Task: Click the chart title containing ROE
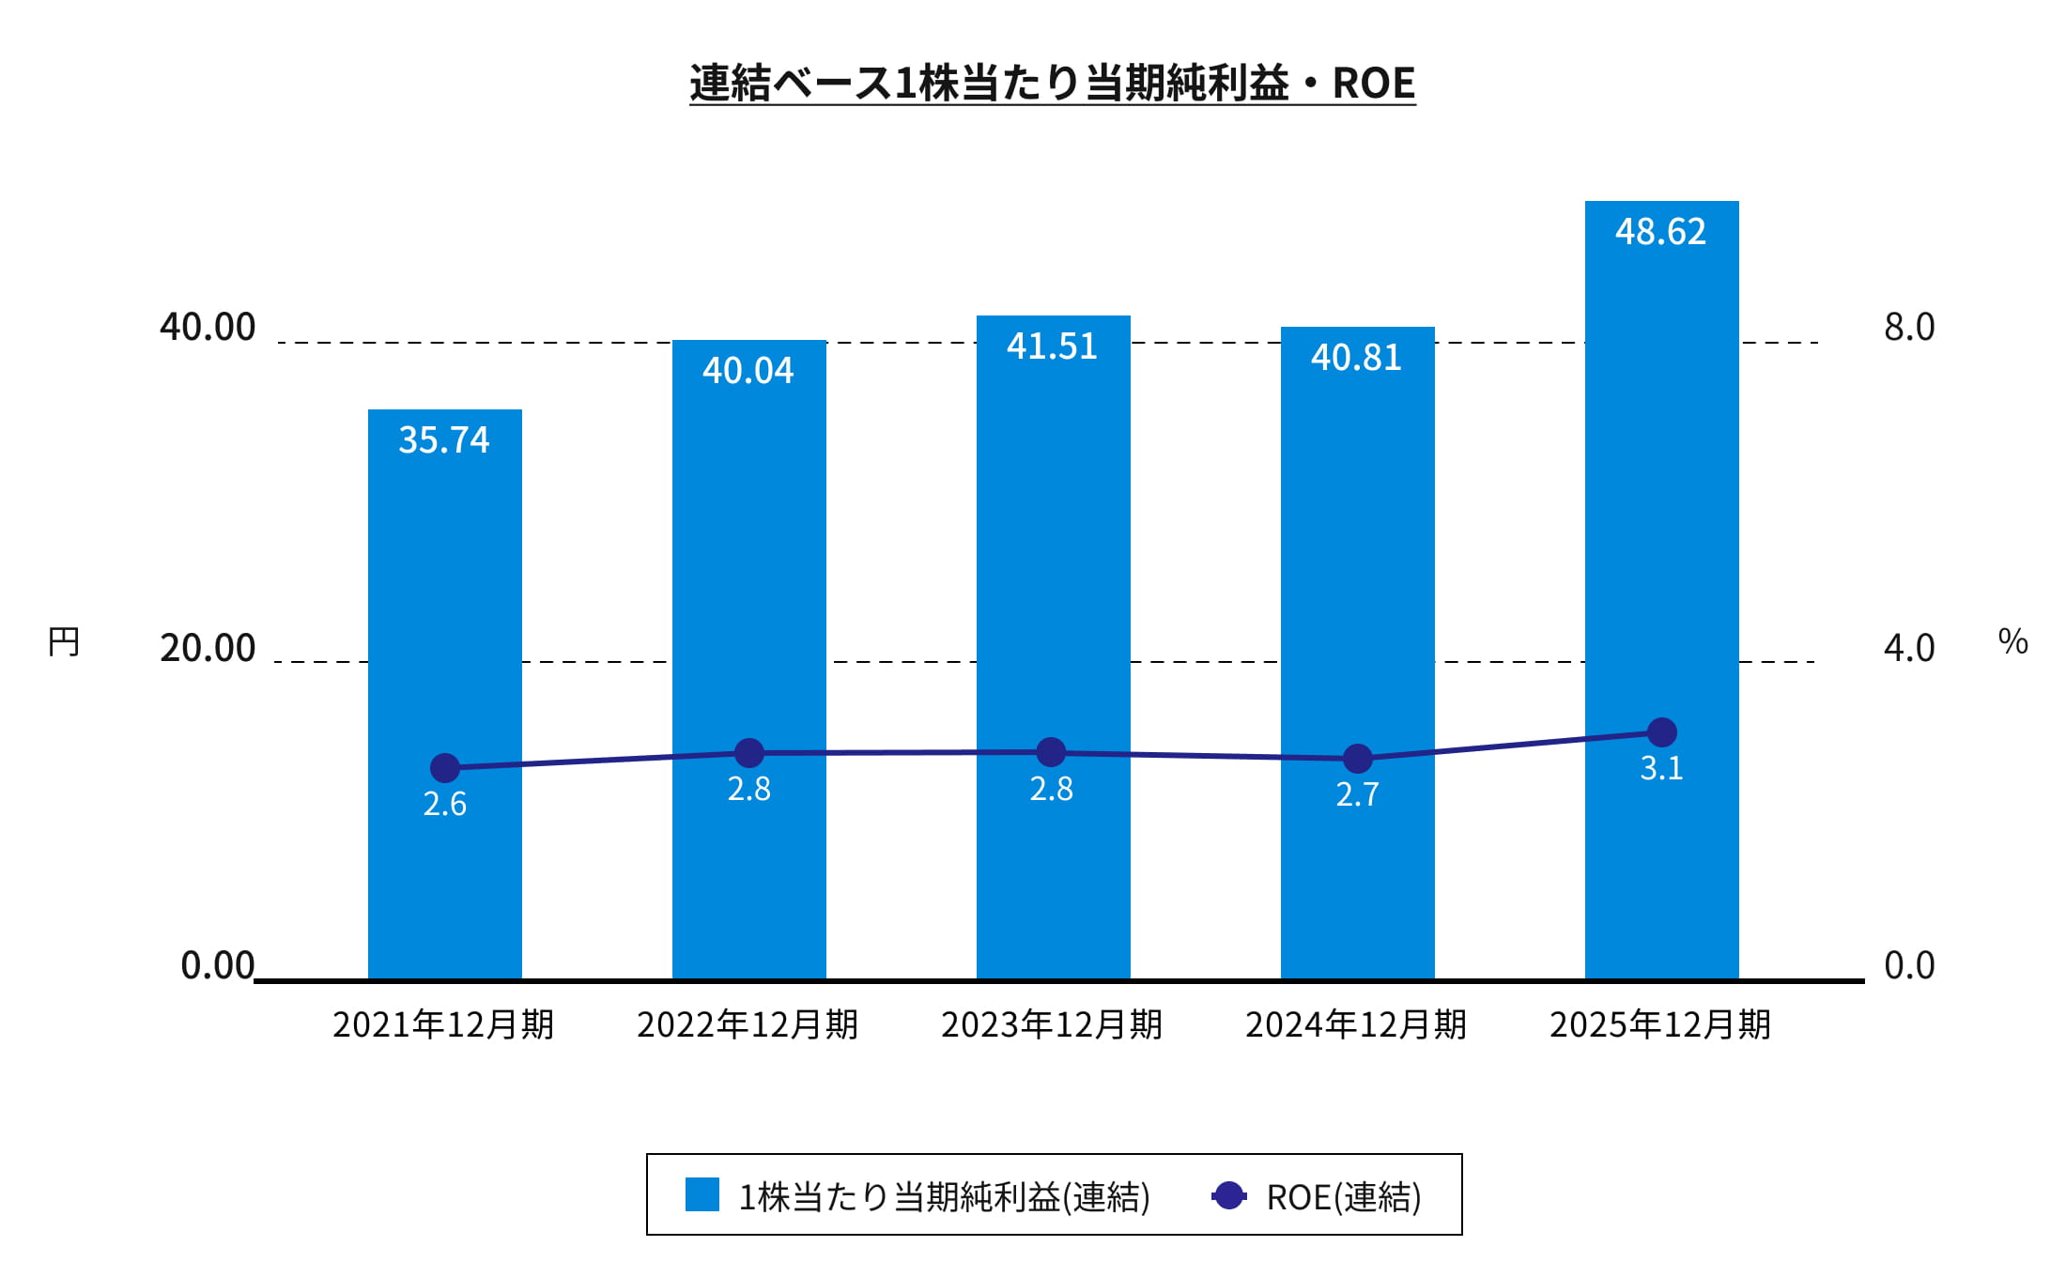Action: (1052, 83)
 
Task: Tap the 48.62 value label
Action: (1660, 232)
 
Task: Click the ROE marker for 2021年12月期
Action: (444, 768)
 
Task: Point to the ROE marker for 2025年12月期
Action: (1661, 732)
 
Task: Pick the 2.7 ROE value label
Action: (1357, 795)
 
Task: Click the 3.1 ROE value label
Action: (1661, 769)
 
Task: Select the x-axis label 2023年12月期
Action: (1052, 1024)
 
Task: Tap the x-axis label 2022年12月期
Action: (748, 1024)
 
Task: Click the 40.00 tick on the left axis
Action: (208, 327)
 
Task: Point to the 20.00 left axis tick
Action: (208, 648)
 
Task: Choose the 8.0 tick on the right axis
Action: (1909, 327)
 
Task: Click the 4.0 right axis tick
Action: (1909, 648)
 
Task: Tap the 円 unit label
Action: (64, 642)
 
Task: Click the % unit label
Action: (2012, 642)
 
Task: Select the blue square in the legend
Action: (702, 1194)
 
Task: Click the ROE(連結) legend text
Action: (1343, 1197)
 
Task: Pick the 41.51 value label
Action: (1052, 346)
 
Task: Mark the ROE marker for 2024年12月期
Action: (1357, 758)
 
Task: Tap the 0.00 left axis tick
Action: (217, 965)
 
